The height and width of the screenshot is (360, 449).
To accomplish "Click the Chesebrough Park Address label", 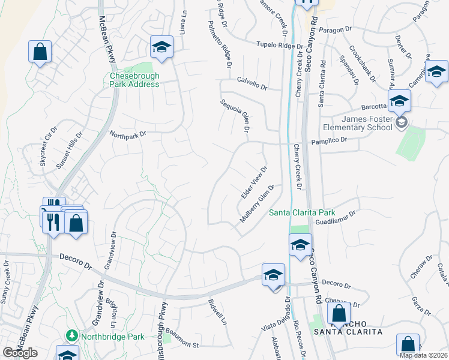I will pyautogui.click(x=134, y=80).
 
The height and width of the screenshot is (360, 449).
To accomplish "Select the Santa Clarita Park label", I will pyautogui.click(x=301, y=212).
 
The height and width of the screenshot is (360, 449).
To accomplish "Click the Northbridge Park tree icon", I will pyautogui.click(x=71, y=335).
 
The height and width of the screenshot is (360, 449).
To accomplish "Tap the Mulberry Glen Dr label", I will pyautogui.click(x=257, y=204).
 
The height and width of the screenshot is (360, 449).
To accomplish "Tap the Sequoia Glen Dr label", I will pyautogui.click(x=235, y=116).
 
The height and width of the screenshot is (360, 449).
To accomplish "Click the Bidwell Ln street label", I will pyautogui.click(x=217, y=312).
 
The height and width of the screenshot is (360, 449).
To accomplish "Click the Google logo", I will pyautogui.click(x=19, y=353).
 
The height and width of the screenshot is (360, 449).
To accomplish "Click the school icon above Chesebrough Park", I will pyautogui.click(x=161, y=47).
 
